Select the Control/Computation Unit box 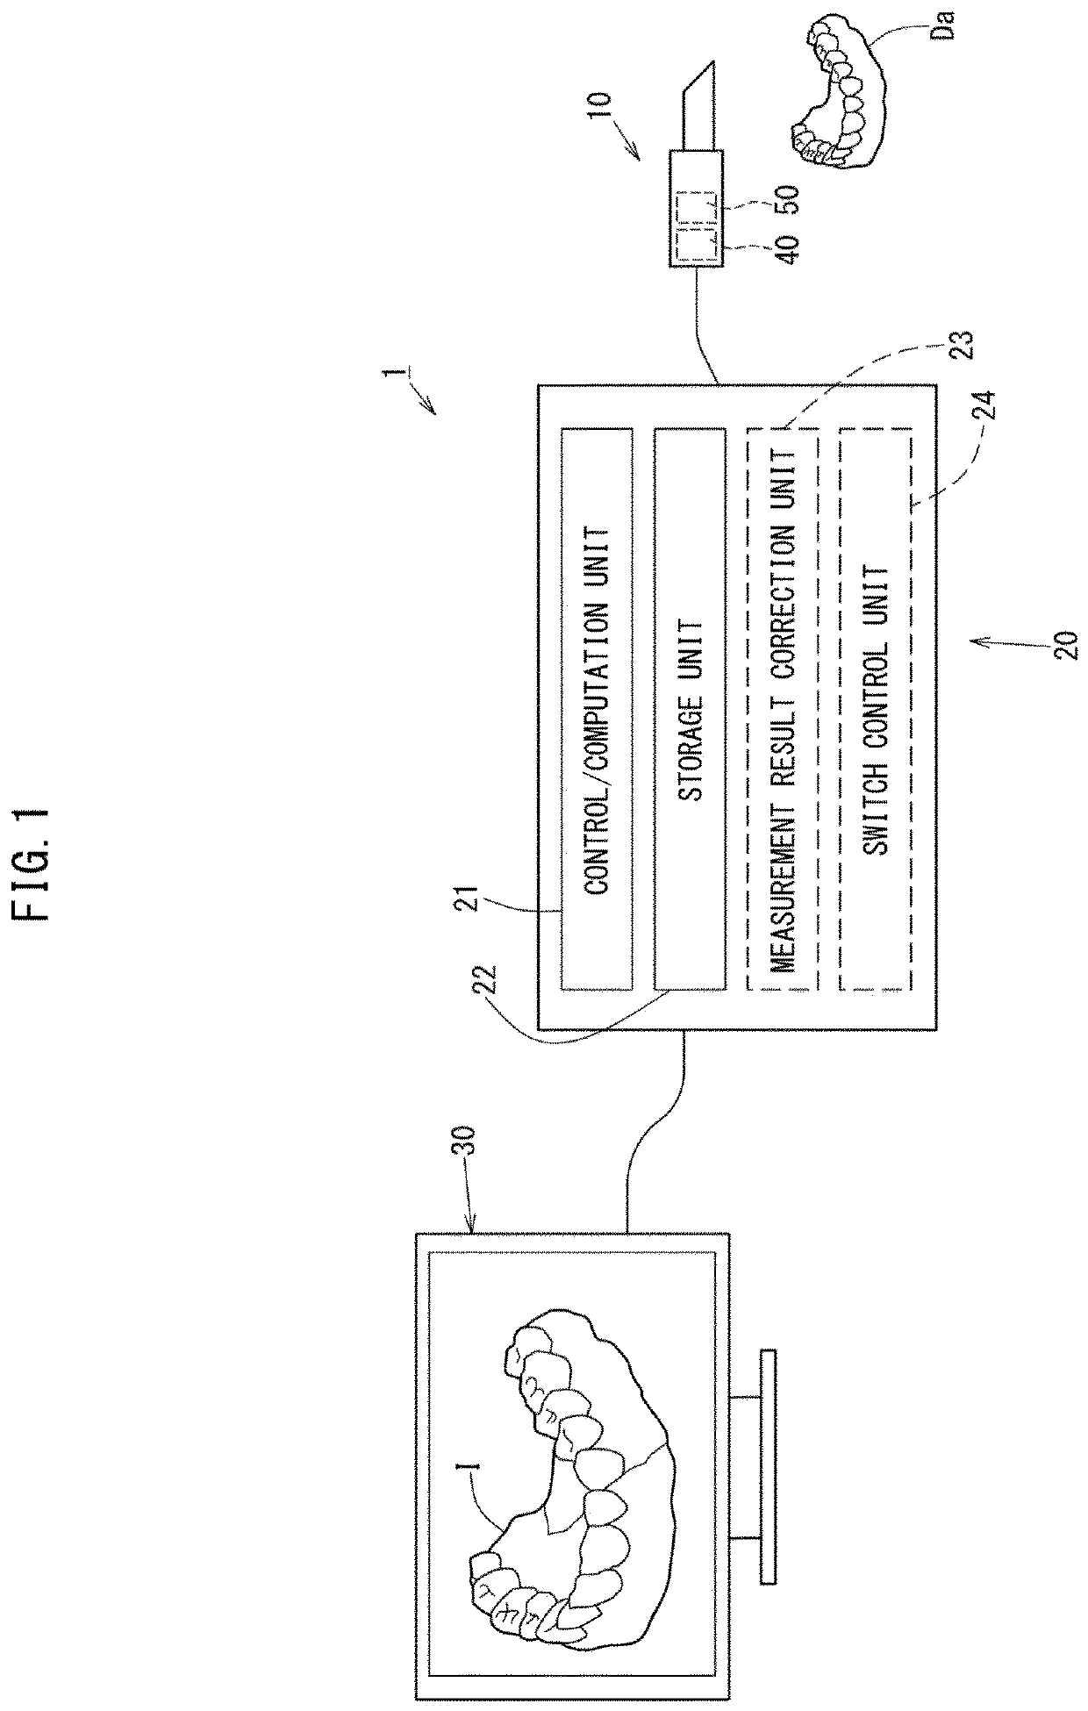597,708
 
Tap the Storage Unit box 691,708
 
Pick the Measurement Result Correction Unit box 782,708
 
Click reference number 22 490,985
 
